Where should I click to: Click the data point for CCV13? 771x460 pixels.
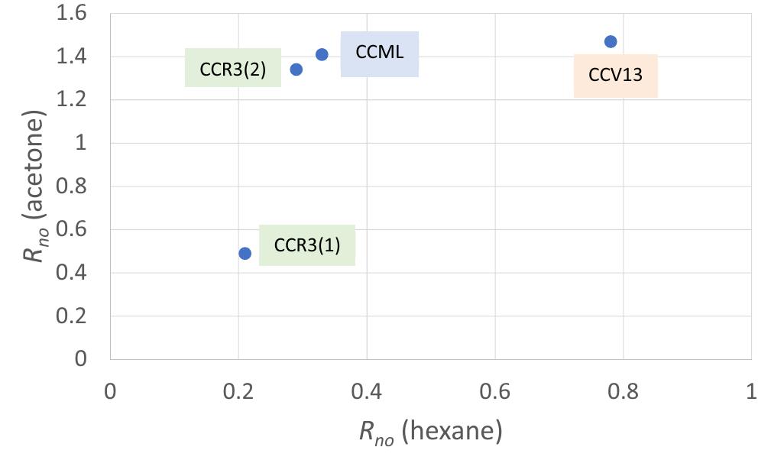click(610, 41)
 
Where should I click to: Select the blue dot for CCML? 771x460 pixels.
click(322, 54)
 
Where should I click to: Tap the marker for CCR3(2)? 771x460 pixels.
click(296, 69)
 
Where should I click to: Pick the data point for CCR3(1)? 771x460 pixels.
click(245, 253)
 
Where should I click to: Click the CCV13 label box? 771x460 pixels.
click(615, 76)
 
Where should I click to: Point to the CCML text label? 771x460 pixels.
click(379, 53)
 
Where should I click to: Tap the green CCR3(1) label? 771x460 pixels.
click(306, 245)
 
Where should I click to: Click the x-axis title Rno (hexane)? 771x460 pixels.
click(430, 432)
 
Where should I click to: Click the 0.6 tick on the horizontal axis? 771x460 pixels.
click(494, 391)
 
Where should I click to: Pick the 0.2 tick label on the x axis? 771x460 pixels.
click(238, 391)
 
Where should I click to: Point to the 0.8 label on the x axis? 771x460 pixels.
click(623, 391)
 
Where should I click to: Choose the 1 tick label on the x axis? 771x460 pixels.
click(750, 391)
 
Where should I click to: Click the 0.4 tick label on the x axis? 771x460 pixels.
click(367, 391)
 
